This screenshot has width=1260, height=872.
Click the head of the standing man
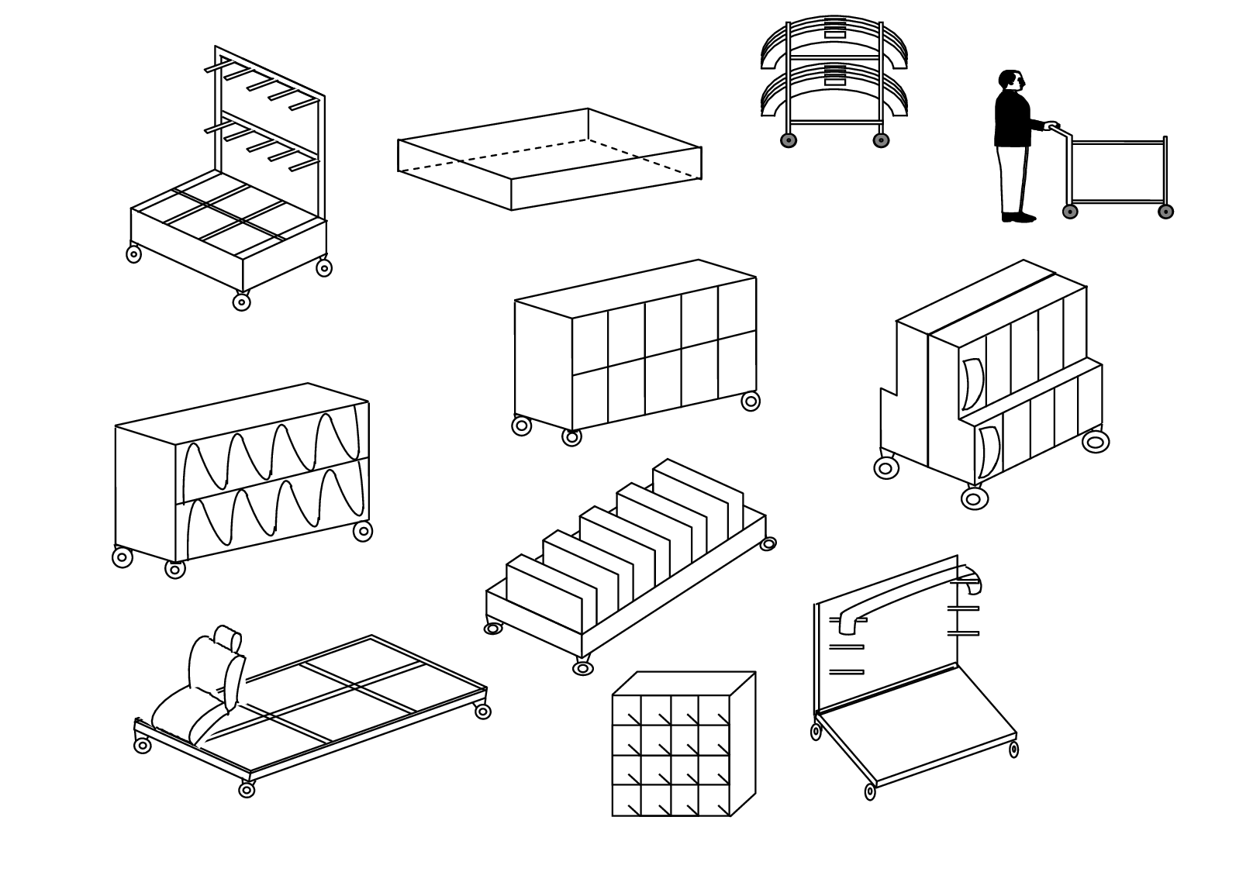[x=1011, y=80]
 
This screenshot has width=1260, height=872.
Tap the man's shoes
[x=1018, y=217]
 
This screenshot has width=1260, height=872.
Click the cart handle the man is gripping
[x=1052, y=126]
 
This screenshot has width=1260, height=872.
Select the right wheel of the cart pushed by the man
[x=1165, y=212]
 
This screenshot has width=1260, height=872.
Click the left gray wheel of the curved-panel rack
[x=789, y=140]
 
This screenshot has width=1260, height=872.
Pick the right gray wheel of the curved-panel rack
[x=881, y=140]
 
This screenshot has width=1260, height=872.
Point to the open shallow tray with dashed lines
[x=549, y=159]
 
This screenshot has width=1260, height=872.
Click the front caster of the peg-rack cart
[x=242, y=302]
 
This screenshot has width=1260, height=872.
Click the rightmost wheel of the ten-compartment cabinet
[x=751, y=402]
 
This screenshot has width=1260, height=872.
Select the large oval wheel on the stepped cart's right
[x=1095, y=442]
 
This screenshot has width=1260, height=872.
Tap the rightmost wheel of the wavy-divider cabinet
[x=363, y=532]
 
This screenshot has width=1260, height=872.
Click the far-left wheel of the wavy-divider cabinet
[x=123, y=557]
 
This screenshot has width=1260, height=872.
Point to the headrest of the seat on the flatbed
[x=228, y=639]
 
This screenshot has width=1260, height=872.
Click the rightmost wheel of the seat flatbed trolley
[x=483, y=712]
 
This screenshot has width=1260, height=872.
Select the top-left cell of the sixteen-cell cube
[x=627, y=710]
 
